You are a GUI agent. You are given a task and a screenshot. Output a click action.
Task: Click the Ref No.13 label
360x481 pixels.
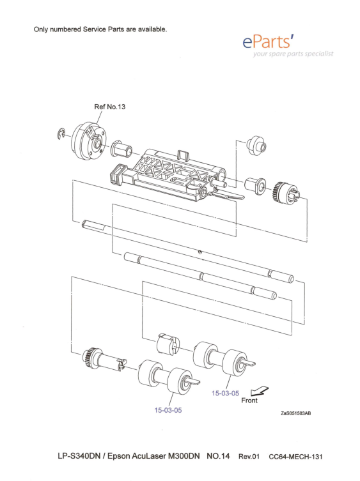pyautogui.click(x=109, y=107)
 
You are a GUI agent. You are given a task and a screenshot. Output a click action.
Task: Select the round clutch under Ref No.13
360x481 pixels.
pyautogui.click(x=89, y=141)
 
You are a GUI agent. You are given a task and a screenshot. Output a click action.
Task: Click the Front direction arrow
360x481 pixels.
pyautogui.click(x=259, y=391)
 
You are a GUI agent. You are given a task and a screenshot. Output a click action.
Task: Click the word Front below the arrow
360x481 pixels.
pyautogui.click(x=249, y=401)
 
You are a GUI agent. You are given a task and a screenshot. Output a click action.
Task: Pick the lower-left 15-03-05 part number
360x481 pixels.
pyautogui.click(x=168, y=410)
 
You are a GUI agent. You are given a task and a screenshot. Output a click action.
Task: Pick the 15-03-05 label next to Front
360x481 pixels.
pyautogui.click(x=225, y=393)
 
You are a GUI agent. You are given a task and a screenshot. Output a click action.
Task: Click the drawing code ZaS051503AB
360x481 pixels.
pyautogui.click(x=296, y=413)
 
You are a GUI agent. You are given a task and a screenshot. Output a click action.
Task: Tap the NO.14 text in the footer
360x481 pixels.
pyautogui.click(x=218, y=456)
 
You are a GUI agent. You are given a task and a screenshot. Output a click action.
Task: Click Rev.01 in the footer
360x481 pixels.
pyautogui.click(x=249, y=457)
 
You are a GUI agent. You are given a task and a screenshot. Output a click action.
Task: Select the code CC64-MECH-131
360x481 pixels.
pyautogui.click(x=295, y=457)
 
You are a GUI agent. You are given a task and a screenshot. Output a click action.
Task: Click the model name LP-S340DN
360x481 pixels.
pyautogui.click(x=79, y=456)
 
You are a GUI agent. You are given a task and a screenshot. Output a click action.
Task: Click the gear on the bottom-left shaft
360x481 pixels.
pyautogui.click(x=90, y=356)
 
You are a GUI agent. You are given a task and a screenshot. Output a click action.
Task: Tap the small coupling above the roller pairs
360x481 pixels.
pyautogui.click(x=168, y=344)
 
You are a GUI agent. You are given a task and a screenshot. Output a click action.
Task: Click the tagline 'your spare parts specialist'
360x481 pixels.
pyautogui.click(x=293, y=54)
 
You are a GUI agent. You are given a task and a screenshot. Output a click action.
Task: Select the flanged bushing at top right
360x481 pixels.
pyautogui.click(x=256, y=145)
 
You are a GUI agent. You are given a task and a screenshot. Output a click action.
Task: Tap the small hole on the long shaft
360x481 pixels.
pyautogui.click(x=200, y=252)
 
